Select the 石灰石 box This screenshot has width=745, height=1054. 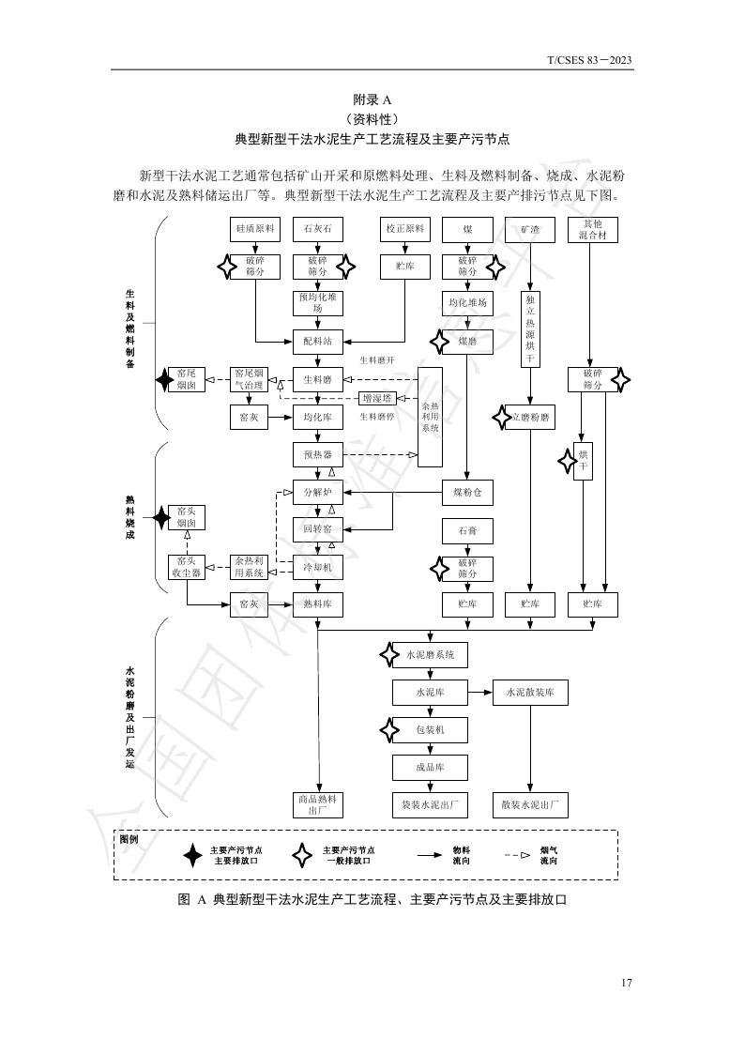(x=318, y=229)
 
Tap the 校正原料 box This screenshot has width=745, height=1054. (x=404, y=229)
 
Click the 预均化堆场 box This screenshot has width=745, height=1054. (x=318, y=303)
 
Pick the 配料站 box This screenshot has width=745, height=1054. (x=318, y=342)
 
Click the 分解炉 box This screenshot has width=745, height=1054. (x=318, y=491)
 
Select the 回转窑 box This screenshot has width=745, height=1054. (x=318, y=530)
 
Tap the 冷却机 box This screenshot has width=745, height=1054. (x=318, y=567)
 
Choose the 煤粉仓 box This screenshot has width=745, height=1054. (x=467, y=491)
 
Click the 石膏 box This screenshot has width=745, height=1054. (x=467, y=531)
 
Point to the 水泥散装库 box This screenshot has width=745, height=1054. (x=530, y=694)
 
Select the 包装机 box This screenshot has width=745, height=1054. (x=430, y=729)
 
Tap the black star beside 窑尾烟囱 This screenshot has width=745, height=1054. (x=165, y=380)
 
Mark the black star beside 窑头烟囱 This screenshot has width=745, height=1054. (x=162, y=517)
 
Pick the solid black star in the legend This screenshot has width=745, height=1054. (x=192, y=855)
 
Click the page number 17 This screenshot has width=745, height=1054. (x=626, y=983)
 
